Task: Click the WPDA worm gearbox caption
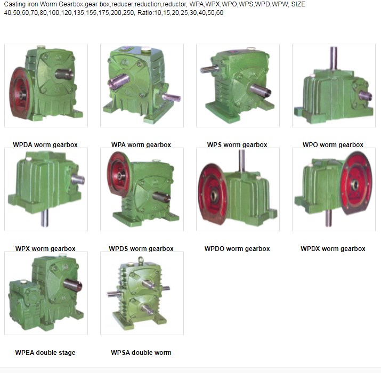(45, 144)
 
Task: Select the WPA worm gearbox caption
(141, 144)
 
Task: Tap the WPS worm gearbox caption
(237, 144)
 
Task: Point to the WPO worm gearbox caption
(333, 144)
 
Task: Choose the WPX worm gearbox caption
(45, 248)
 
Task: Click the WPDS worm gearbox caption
(141, 248)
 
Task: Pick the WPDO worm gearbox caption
(237, 248)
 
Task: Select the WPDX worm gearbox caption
(333, 248)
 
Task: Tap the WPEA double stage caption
(45, 352)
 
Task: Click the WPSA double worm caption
(141, 352)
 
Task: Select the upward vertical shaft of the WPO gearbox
(334, 59)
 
